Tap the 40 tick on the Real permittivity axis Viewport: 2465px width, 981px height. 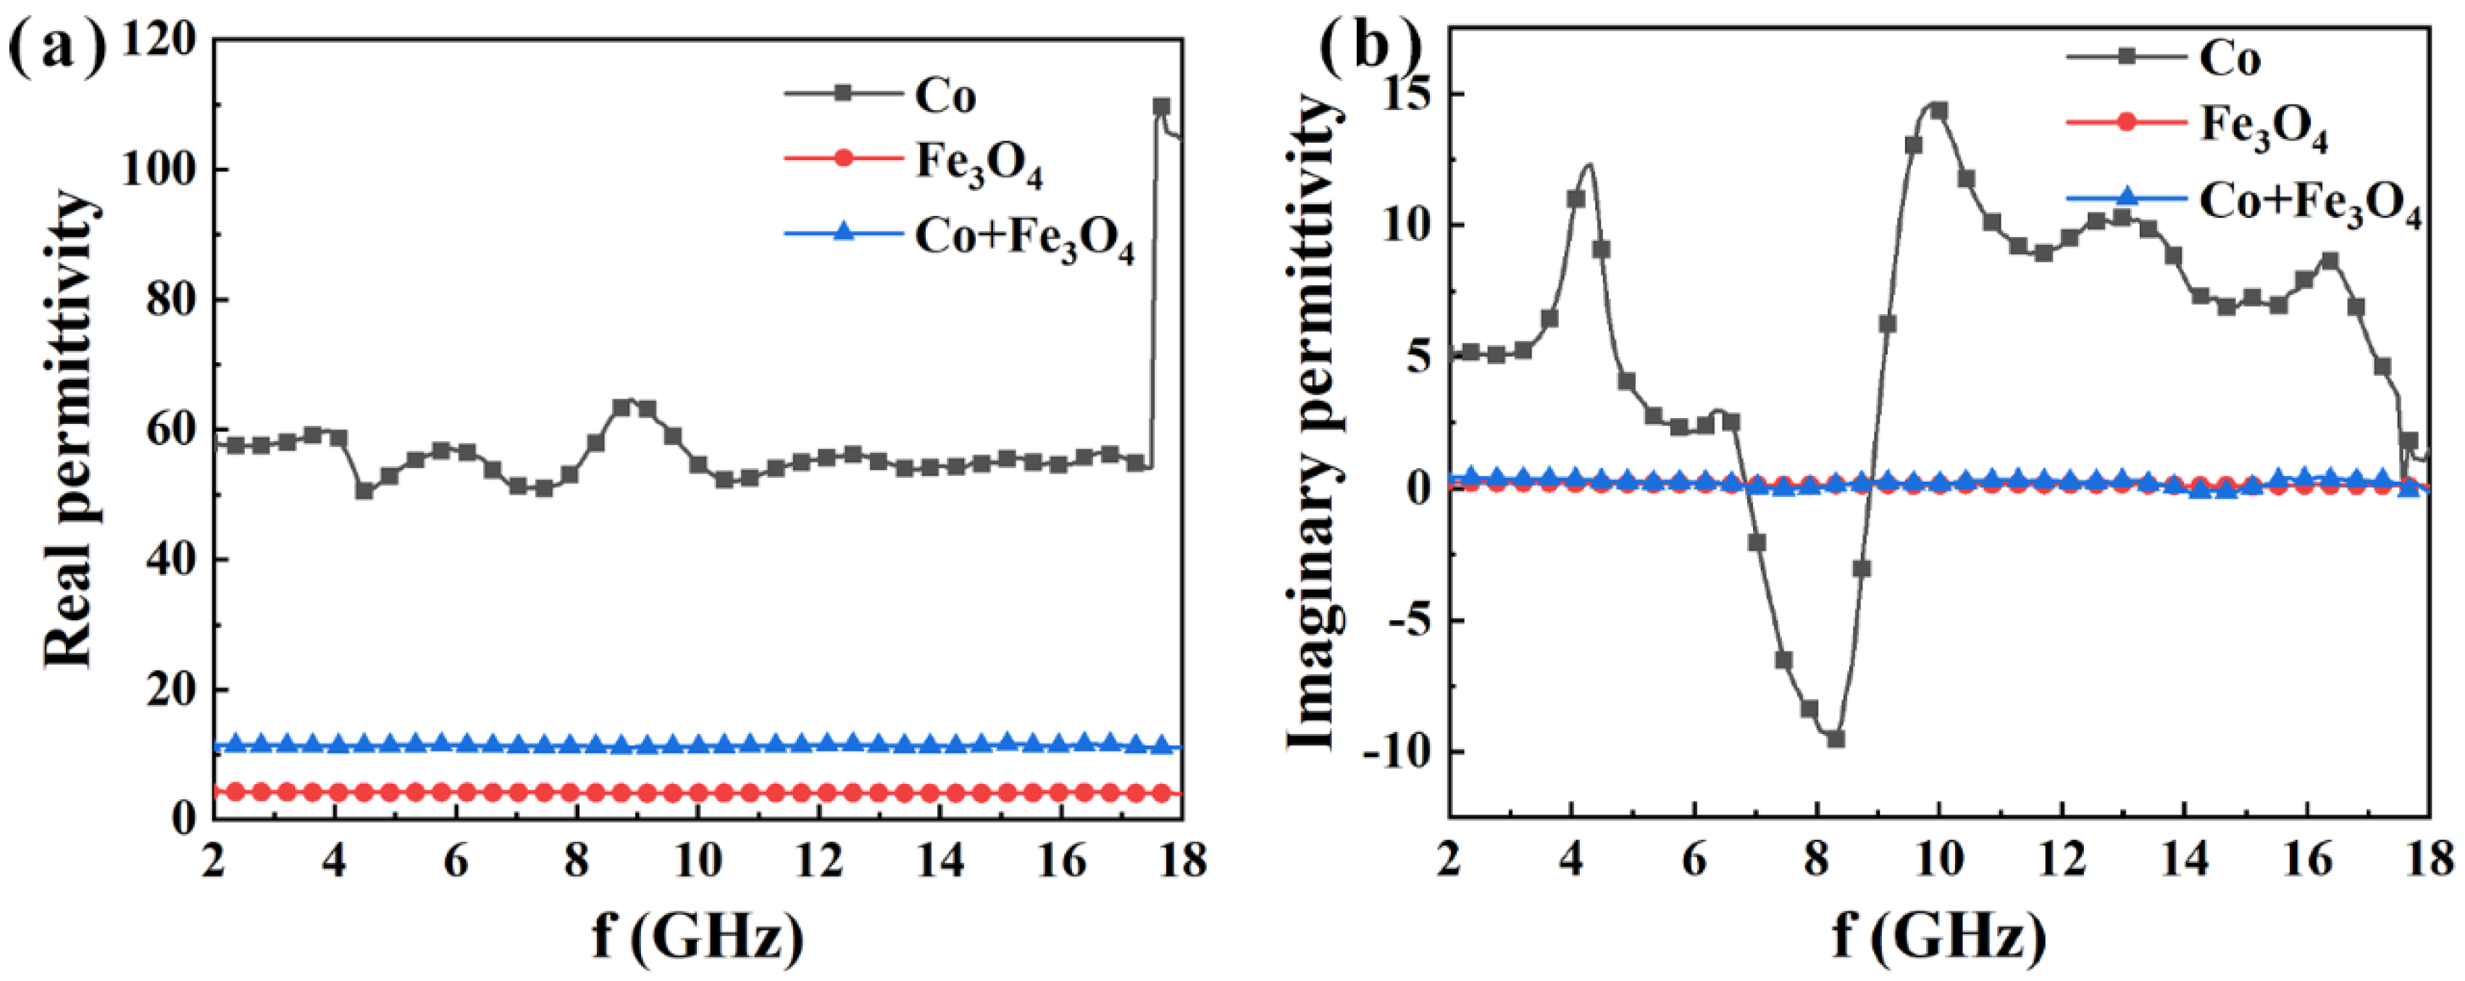click(173, 560)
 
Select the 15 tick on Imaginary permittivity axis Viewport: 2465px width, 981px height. click(1413, 93)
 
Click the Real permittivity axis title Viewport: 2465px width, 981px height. click(71, 430)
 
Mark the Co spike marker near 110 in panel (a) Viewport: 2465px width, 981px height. click(1160, 107)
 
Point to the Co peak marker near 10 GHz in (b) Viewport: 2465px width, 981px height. click(1938, 111)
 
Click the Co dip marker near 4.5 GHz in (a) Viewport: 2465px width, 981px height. click(364, 490)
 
